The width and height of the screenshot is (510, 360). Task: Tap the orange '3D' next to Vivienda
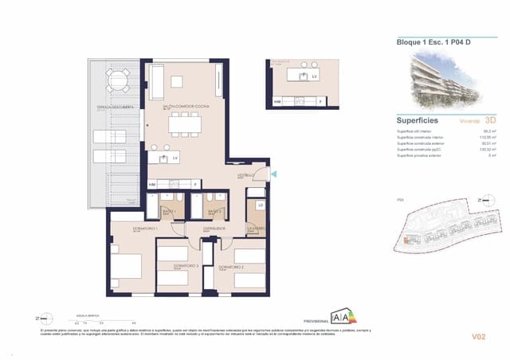[x=479, y=121]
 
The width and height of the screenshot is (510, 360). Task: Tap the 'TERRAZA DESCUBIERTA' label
[x=115, y=106]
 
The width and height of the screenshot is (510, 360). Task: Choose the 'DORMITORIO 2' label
[x=229, y=266]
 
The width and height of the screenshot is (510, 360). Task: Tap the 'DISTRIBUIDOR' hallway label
[x=214, y=228]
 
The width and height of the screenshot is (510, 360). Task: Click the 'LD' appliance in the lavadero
[x=260, y=205]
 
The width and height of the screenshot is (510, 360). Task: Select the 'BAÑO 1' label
[x=168, y=211]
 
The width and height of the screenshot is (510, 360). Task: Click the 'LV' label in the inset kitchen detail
[x=314, y=76]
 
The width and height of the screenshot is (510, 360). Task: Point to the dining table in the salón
[x=185, y=123]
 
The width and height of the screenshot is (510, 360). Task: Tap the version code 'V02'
[x=478, y=337]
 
